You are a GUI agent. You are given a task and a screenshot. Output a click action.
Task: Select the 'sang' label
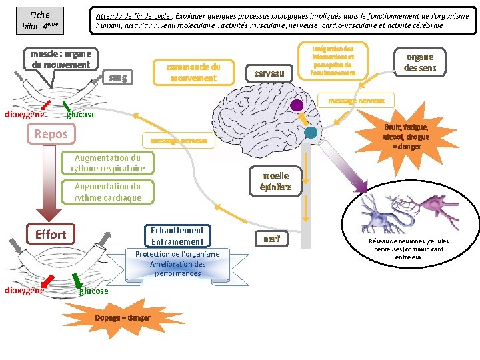pos(117,77)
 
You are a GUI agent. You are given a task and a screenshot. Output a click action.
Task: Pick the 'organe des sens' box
pos(419,62)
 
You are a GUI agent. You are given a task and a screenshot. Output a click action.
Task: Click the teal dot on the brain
pos(311,133)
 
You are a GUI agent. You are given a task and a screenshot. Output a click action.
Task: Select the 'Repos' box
pos(51,134)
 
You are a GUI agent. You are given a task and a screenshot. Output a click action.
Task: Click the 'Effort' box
pos(51,234)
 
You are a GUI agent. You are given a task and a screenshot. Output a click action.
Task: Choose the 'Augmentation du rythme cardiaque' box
pos(108,192)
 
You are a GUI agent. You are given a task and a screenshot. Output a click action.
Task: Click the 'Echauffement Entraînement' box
pos(177,236)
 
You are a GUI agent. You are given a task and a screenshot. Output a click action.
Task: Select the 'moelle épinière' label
pos(275,181)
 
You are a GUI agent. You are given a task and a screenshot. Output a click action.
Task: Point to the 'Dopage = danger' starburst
pos(123,317)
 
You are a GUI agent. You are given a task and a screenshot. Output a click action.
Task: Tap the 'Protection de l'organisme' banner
pos(177,264)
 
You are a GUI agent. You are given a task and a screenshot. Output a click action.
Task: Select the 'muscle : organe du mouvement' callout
pos(60,59)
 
